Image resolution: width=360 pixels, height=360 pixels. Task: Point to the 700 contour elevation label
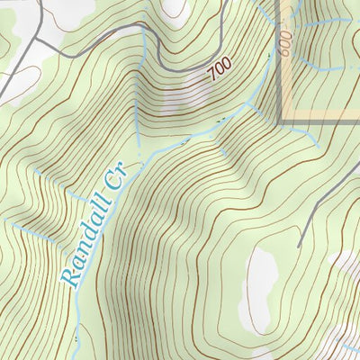click(x=219, y=69)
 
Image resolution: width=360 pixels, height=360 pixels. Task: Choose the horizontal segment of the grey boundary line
click(x=319, y=120)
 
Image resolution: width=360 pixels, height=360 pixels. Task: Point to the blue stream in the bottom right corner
click(x=346, y=346)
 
